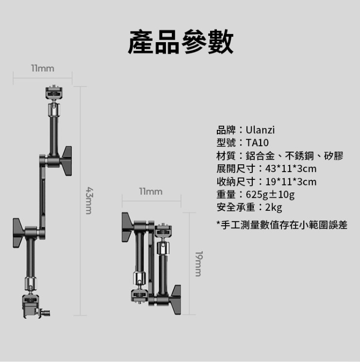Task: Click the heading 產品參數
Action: coord(180,41)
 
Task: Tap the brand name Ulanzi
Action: coord(260,130)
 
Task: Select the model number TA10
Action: coord(257,143)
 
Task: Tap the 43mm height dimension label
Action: coord(89,200)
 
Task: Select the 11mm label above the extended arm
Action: coord(43,69)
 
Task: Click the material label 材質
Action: coord(226,156)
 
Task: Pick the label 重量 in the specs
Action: coord(226,195)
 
